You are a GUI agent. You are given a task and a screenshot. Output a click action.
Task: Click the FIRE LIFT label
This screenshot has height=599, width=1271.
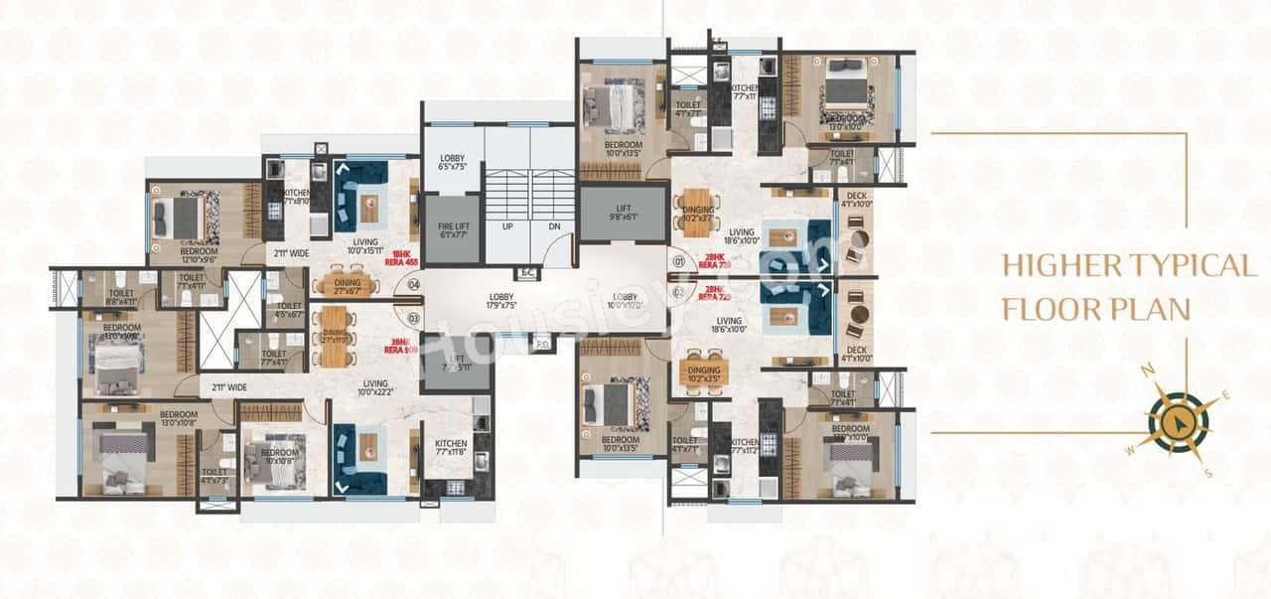453,229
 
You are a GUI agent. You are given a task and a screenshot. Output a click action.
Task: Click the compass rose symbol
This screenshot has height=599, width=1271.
1178,422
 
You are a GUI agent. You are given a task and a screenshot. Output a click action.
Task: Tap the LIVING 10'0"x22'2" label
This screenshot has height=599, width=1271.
375,388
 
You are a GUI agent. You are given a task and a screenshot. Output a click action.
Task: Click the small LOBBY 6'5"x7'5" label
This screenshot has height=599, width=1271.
452,162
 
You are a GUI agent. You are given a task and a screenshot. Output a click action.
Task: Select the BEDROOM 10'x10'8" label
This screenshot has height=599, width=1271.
280,455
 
